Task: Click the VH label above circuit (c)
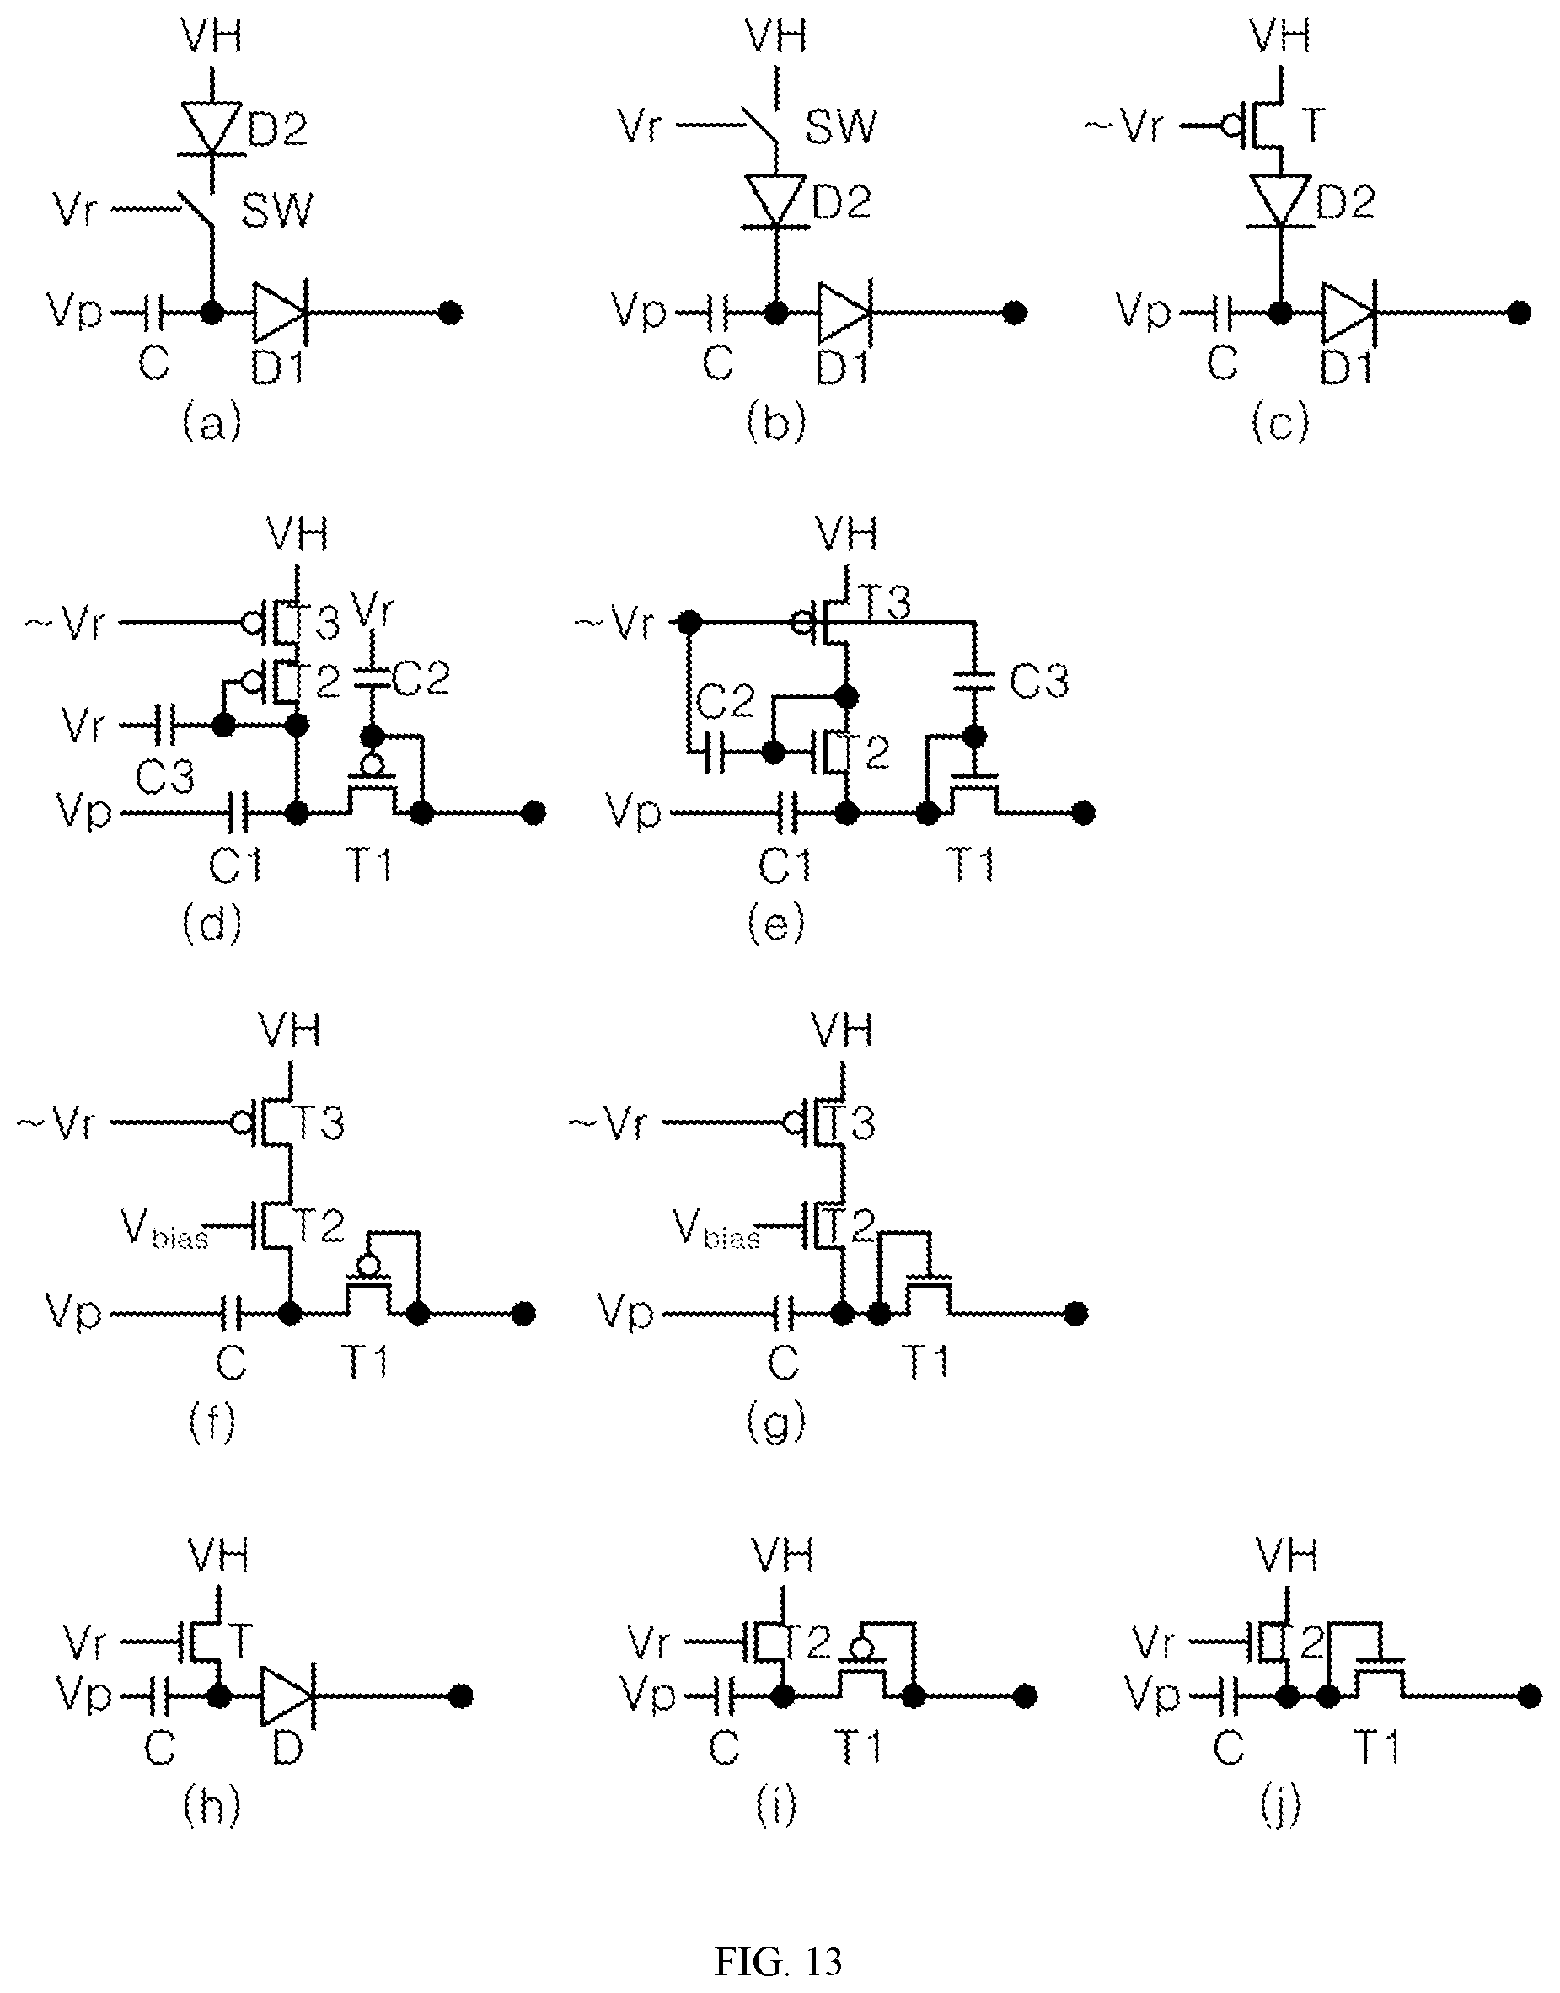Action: click(x=1279, y=36)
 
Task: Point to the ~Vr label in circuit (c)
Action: click(x=1124, y=127)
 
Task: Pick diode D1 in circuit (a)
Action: click(x=280, y=313)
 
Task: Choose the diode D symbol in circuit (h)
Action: click(x=286, y=1696)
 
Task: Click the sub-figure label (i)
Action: click(x=776, y=1806)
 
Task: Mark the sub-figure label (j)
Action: click(x=1279, y=1806)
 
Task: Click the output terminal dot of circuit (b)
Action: click(x=1014, y=313)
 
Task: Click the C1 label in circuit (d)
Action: click(x=236, y=865)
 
